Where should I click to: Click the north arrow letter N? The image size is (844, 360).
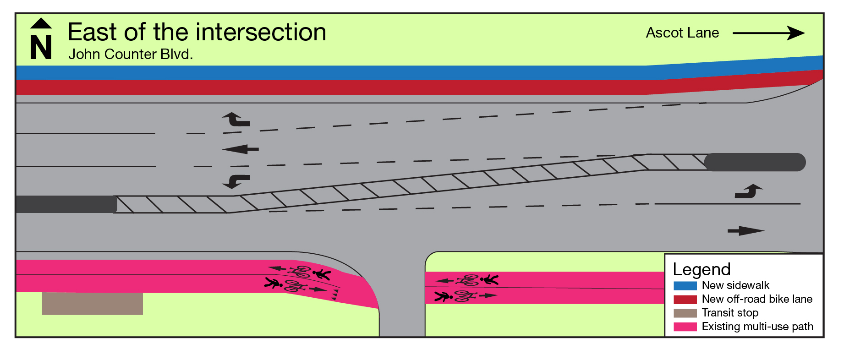[x=41, y=47]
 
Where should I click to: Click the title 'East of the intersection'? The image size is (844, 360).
[x=197, y=33]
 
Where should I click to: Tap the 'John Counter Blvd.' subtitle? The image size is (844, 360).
[x=131, y=55]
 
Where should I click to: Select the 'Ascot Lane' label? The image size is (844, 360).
[x=682, y=33]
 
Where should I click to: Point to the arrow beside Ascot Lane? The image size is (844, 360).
[x=768, y=33]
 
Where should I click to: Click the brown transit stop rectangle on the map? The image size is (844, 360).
[x=92, y=303]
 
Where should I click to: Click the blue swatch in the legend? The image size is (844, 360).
[x=685, y=286]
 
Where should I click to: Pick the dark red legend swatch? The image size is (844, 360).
[x=685, y=300]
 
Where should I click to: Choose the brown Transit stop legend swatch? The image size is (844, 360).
[x=685, y=313]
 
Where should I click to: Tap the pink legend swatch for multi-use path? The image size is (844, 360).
[x=685, y=327]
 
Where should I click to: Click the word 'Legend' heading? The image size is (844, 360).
[x=702, y=269]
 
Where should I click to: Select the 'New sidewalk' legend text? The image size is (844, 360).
[x=735, y=285]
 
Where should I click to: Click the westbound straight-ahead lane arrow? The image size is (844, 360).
[x=241, y=149]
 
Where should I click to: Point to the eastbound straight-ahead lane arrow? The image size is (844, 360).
[x=745, y=231]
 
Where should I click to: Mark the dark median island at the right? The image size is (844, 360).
[x=755, y=162]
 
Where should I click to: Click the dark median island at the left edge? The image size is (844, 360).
[x=66, y=204]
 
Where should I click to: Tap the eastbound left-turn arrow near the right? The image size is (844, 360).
[x=748, y=191]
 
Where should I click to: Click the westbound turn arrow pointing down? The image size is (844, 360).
[x=236, y=181]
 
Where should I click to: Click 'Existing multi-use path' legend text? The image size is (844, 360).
[x=757, y=327]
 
